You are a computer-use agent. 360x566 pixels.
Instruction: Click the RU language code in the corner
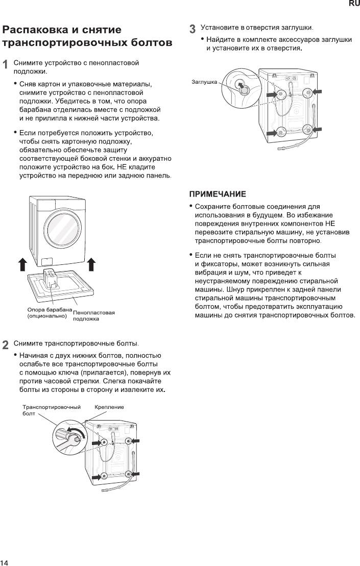pyautogui.click(x=354, y=4)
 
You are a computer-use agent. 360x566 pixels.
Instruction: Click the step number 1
pyautogui.click(x=6, y=64)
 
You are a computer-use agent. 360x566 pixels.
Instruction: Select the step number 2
pyautogui.click(x=6, y=344)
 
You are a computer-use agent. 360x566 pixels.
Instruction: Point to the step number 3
pyautogui.click(x=193, y=29)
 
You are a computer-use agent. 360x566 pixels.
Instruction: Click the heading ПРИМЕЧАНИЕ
pyautogui.click(x=218, y=194)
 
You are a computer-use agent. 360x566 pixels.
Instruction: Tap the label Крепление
pyautogui.click(x=109, y=407)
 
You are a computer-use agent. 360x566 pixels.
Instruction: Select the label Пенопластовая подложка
pyautogui.click(x=93, y=315)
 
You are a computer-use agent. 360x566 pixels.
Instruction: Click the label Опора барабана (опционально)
pyautogui.click(x=50, y=312)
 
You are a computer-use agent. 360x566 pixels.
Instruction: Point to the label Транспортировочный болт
pyautogui.click(x=52, y=410)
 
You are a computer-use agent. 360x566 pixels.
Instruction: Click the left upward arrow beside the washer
pyautogui.click(x=22, y=264)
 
